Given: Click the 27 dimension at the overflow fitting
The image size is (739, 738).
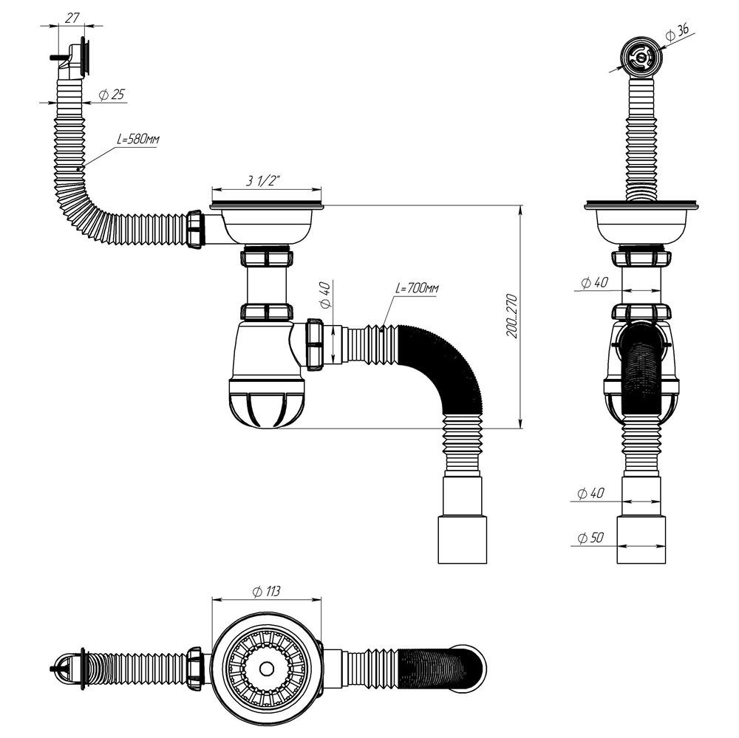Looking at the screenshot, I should click(72, 18).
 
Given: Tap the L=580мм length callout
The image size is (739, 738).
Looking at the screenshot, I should click(137, 140).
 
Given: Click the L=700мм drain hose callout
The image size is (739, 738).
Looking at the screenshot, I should click(417, 289).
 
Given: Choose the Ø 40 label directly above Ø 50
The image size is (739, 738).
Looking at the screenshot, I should click(592, 493).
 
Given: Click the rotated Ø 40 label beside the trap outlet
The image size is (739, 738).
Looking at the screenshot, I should click(324, 295).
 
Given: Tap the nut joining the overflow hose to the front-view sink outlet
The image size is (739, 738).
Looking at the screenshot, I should click(196, 230).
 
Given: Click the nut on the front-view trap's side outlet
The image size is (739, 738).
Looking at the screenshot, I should click(314, 344).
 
